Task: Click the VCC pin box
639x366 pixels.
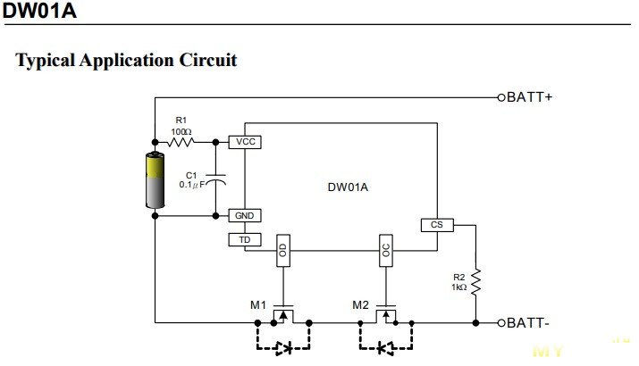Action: [x=245, y=142]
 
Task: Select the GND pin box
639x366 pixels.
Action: [x=245, y=216]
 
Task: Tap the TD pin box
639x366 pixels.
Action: [x=245, y=240]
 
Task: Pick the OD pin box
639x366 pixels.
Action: [x=283, y=251]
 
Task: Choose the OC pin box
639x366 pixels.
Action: [x=386, y=251]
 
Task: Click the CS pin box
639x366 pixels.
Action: [x=437, y=225]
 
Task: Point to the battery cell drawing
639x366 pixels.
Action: [x=155, y=179]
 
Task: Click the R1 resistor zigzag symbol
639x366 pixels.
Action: [x=181, y=142]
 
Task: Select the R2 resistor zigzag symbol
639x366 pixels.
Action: [x=475, y=282]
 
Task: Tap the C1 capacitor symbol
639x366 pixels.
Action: [x=216, y=180]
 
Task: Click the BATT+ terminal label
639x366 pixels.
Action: [x=529, y=97]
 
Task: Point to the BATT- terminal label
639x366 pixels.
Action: [x=528, y=323]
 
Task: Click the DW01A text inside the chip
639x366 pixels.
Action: [x=348, y=187]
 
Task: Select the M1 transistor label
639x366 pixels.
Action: [x=258, y=305]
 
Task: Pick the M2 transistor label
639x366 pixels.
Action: [x=361, y=305]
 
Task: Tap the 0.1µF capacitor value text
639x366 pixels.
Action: [x=192, y=185]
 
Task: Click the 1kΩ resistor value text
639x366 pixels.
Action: [x=458, y=287]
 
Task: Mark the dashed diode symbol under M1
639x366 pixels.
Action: [x=284, y=348]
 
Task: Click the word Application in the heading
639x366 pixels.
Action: [x=126, y=61]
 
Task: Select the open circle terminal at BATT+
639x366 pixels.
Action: [x=501, y=97]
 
